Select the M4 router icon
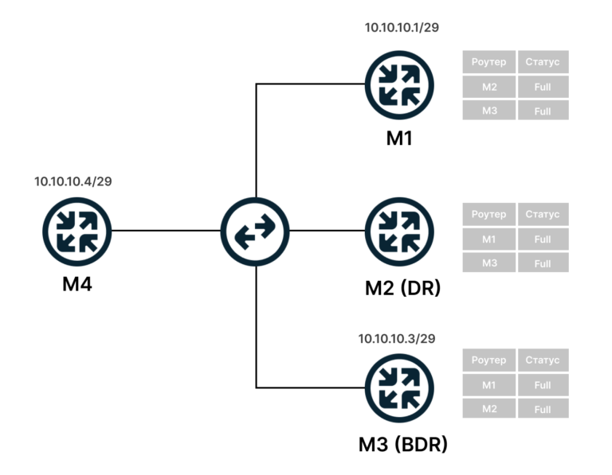point(77,230)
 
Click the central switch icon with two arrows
point(255,230)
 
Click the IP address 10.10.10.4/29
point(73,181)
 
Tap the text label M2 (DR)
point(402,288)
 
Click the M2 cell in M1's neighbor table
point(488,87)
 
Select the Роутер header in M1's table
point(488,62)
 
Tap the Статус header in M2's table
point(543,214)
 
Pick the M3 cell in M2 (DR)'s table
point(488,263)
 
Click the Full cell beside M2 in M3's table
point(543,409)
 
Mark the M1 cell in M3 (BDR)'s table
point(488,385)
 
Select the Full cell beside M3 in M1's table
point(543,111)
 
